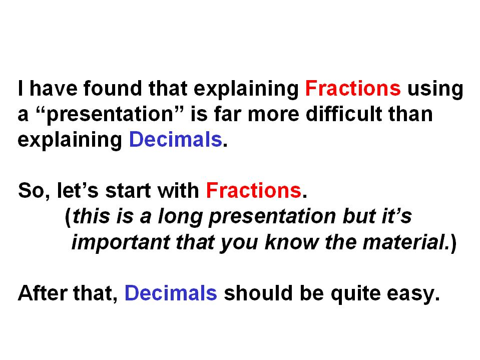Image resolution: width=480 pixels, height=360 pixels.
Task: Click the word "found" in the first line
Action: point(112,89)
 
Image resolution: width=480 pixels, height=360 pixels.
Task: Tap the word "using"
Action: point(435,90)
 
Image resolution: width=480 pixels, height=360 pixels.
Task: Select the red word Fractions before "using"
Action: point(353,89)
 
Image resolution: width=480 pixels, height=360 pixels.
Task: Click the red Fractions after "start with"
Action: point(254,190)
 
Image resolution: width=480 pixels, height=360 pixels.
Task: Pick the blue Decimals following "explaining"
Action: point(175,139)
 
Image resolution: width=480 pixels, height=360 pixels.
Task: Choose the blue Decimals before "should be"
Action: point(171,293)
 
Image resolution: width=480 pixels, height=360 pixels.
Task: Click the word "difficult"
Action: point(344,114)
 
